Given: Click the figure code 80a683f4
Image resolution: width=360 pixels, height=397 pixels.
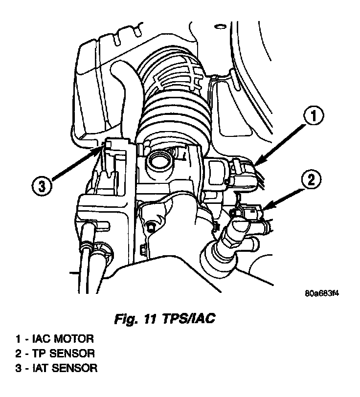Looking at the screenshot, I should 321,294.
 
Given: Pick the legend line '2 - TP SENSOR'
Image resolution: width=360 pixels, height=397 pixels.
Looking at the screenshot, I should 55,353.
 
